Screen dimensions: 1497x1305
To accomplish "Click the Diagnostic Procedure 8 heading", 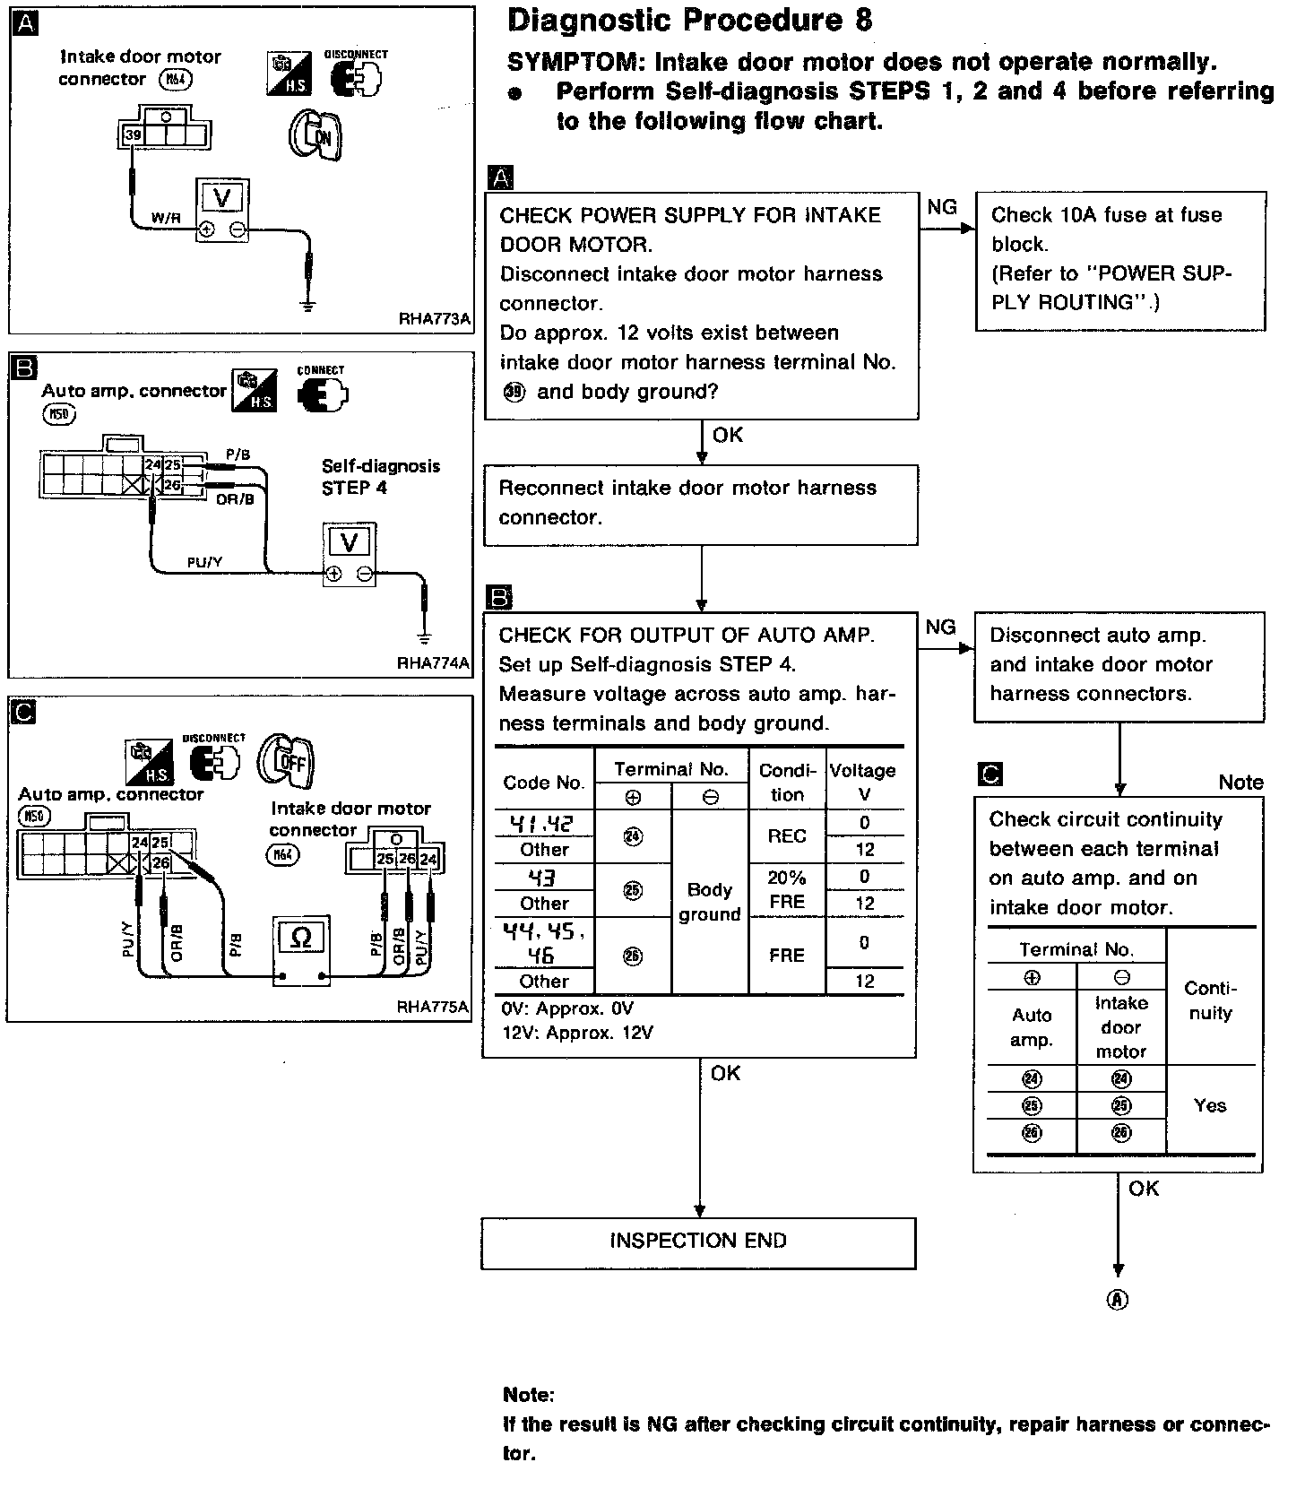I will click(689, 22).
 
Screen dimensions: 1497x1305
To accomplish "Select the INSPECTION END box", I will click(698, 1242).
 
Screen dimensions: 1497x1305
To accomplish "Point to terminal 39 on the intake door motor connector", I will click(133, 134).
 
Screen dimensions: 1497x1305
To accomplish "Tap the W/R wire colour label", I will click(165, 218).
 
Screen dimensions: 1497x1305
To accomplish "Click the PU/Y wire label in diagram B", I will click(204, 562).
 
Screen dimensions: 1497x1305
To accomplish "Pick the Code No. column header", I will click(543, 783).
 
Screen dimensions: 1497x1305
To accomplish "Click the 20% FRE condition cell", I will click(787, 889).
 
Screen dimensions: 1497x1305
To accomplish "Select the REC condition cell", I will click(787, 836).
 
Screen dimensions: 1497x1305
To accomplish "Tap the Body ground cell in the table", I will click(710, 902).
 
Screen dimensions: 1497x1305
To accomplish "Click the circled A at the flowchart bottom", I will click(1118, 1300).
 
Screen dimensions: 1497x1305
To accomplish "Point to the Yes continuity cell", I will click(1210, 1105).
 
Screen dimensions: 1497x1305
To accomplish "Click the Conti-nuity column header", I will click(1210, 1000).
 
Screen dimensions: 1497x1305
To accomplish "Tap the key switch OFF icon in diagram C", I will click(286, 761).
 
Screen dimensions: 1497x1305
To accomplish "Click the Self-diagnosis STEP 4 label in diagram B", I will click(381, 477).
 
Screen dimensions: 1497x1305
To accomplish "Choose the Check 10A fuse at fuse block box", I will click(1120, 260).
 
